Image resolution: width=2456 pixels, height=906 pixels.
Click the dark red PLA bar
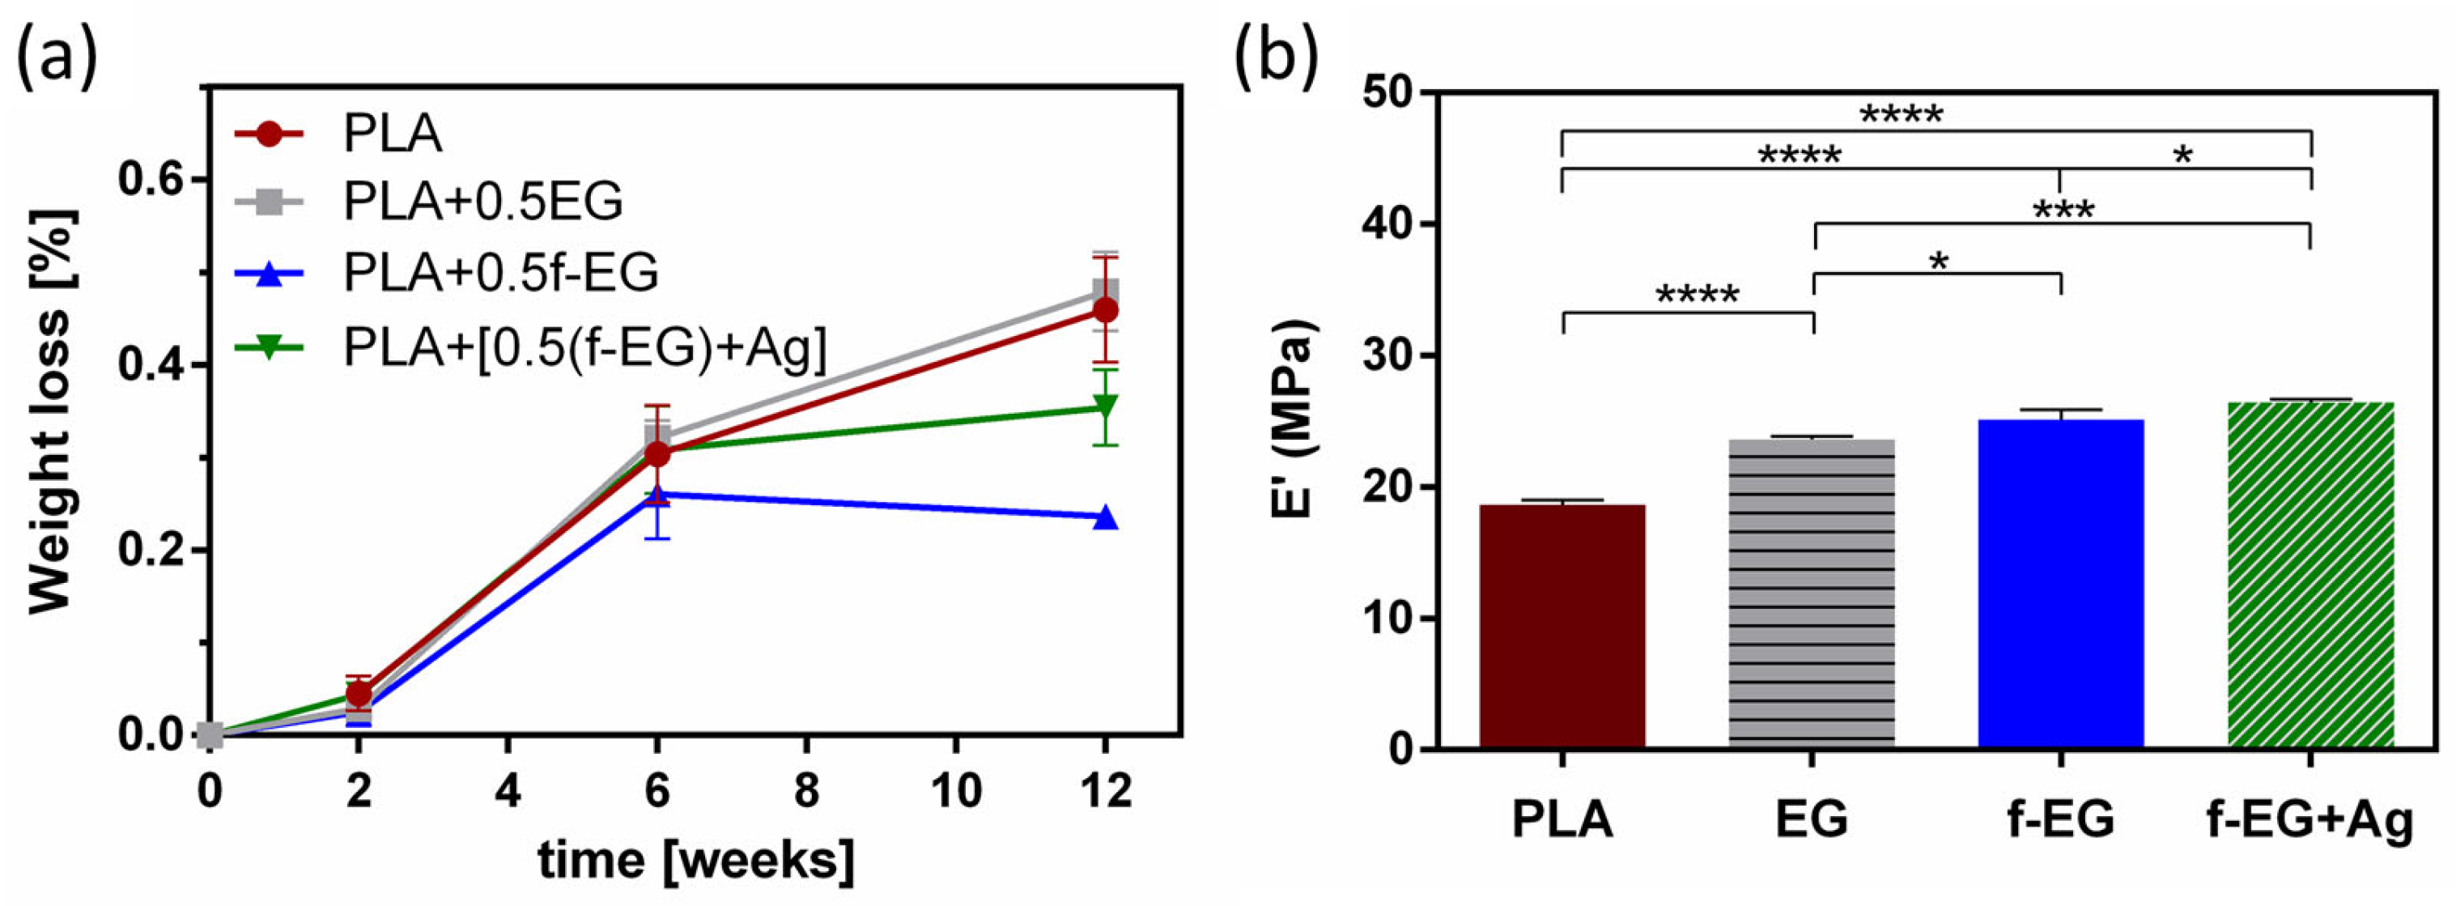click(x=1562, y=626)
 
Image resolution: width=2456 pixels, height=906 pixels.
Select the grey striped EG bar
click(x=1812, y=593)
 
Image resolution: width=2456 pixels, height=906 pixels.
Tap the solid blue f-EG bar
click(x=2060, y=584)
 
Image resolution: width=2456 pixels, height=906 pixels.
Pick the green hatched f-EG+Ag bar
click(x=2310, y=575)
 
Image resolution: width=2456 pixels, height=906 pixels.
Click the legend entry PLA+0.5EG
click(x=482, y=202)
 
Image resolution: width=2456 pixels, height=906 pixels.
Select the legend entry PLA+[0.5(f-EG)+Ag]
click(x=584, y=347)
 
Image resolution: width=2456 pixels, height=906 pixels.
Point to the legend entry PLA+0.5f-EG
click(x=499, y=273)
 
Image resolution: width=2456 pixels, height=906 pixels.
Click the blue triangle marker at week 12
click(x=1105, y=518)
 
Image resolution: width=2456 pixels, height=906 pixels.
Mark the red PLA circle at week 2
click(x=359, y=693)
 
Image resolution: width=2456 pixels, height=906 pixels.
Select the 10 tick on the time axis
click(x=955, y=792)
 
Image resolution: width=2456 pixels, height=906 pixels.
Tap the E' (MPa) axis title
click(x=1294, y=419)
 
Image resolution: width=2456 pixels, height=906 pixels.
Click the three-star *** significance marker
click(x=2063, y=210)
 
